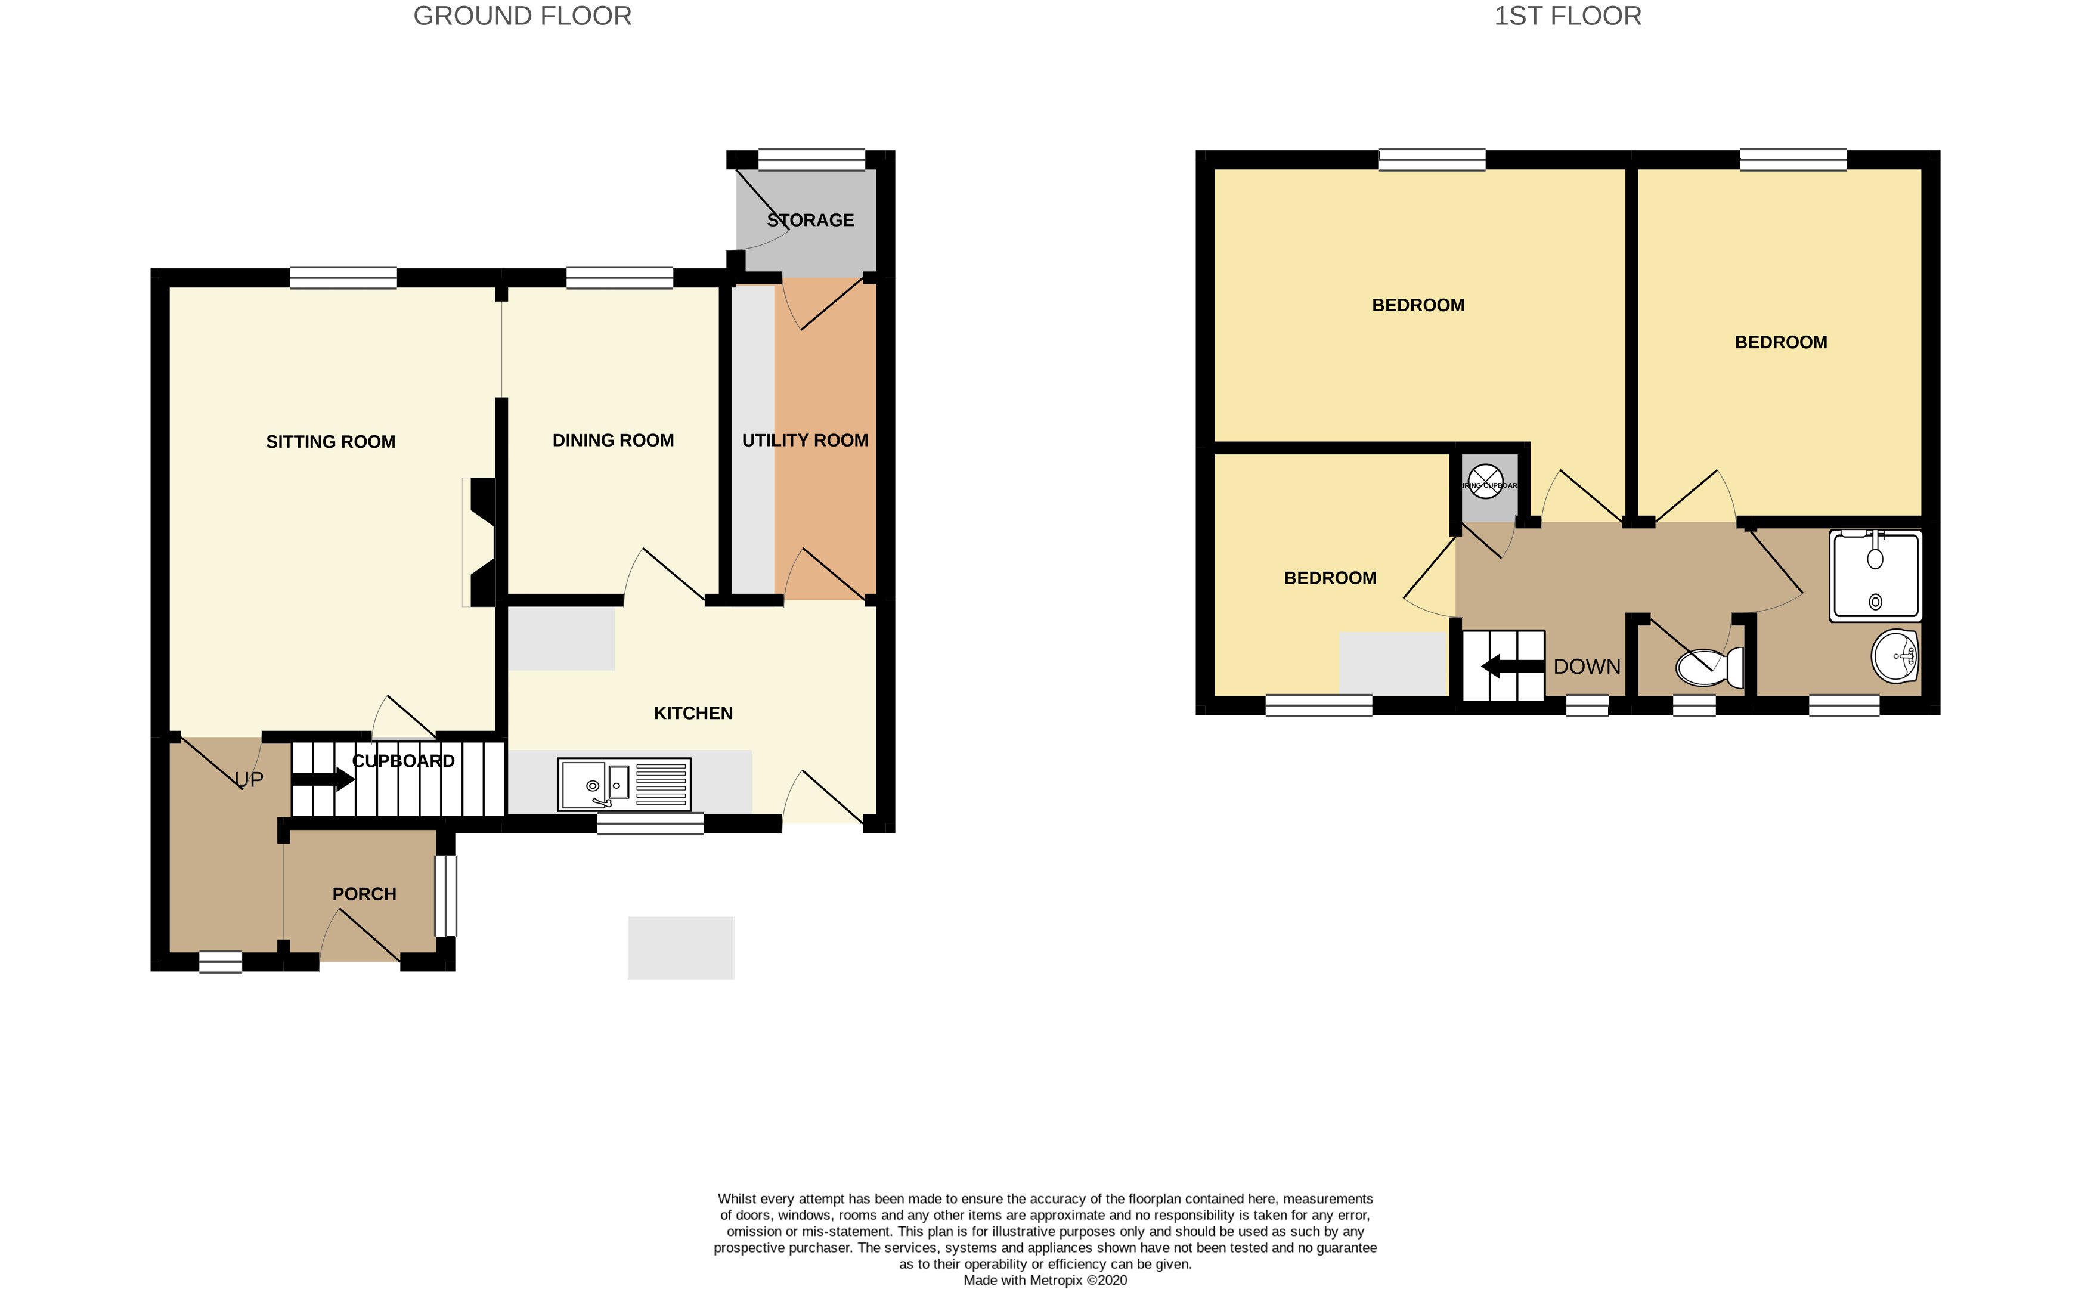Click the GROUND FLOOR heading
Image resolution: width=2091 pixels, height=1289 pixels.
pos(522,16)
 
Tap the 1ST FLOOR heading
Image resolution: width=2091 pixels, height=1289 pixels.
pos(1567,16)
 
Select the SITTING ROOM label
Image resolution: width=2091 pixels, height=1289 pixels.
pos(331,442)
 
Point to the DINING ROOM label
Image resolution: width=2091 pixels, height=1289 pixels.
pos(613,441)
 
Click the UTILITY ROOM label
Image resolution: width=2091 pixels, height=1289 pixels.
pos(805,441)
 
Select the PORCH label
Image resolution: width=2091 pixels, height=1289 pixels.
pos(364,894)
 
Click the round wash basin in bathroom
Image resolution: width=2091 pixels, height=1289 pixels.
pos(1894,656)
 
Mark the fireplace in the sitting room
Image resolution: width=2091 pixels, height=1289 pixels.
pos(482,542)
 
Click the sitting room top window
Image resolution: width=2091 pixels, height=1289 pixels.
pos(343,278)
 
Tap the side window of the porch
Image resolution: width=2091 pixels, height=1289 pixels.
pos(446,896)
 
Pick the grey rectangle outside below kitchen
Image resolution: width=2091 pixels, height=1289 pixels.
pos(680,948)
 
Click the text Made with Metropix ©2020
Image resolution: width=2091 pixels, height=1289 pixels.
pos(1045,1279)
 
